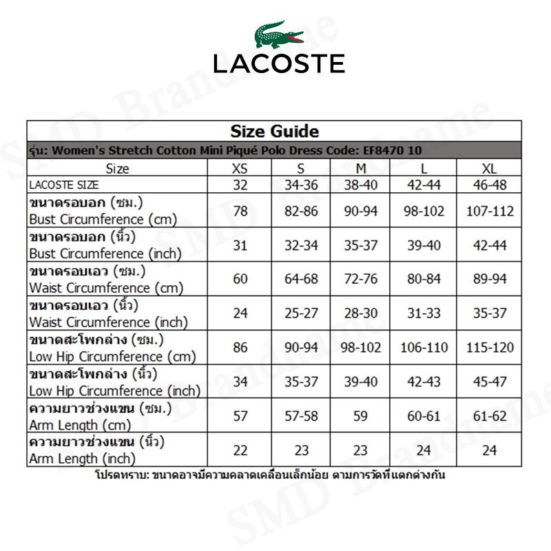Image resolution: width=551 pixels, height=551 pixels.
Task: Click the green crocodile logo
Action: tap(279, 35)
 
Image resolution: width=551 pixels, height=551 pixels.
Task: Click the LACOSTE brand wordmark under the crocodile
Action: tap(279, 63)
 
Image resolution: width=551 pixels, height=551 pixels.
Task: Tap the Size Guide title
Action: tap(274, 131)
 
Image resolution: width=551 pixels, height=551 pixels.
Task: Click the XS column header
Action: tap(240, 168)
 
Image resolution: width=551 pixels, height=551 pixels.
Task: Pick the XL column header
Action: tap(490, 168)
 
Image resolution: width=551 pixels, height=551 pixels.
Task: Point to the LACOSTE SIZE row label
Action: tap(63, 185)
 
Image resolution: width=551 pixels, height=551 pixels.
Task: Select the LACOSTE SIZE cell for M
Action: tap(361, 185)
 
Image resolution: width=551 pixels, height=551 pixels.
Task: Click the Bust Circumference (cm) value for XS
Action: tap(240, 211)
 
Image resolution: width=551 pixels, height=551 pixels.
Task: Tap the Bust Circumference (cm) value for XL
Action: tap(490, 211)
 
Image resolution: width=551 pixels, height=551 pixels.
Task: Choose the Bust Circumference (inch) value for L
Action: tap(424, 245)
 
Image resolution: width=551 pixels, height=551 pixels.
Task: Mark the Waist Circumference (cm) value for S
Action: tap(302, 279)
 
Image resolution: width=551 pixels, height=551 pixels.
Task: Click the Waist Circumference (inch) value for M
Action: tap(361, 313)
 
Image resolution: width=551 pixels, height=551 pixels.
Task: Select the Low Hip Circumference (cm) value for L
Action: tap(424, 348)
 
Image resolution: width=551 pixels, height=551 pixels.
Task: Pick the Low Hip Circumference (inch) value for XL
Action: tap(490, 382)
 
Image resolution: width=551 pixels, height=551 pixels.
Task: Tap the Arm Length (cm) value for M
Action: tap(361, 416)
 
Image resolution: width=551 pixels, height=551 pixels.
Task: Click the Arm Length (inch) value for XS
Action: tap(240, 450)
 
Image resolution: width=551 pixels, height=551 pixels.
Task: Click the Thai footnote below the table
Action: tap(274, 475)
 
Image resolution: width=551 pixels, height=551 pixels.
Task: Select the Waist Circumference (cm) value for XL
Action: tap(490, 279)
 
